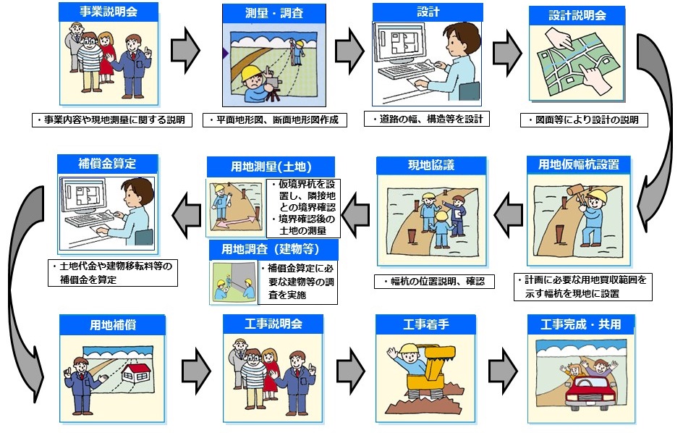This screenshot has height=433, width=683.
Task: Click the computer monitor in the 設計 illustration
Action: point(398,45)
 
